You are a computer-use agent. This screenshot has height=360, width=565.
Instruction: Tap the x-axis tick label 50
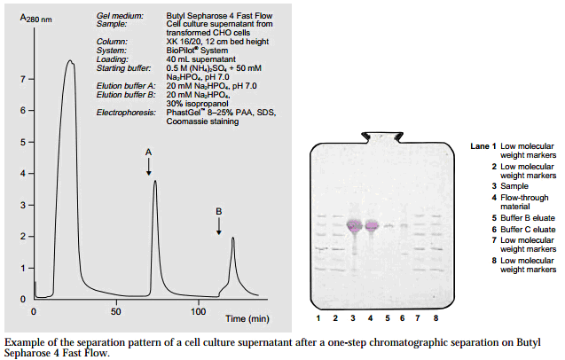click(116, 312)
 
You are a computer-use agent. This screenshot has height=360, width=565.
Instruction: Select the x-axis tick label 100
click(198, 312)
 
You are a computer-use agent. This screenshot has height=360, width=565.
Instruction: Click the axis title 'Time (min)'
click(247, 318)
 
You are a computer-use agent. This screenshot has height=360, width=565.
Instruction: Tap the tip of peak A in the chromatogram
click(155, 182)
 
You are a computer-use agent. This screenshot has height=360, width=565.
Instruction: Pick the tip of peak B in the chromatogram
click(232, 239)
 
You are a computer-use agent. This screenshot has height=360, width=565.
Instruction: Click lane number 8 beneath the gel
click(436, 317)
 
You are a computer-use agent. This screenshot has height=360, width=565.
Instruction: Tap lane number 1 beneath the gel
click(319, 317)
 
